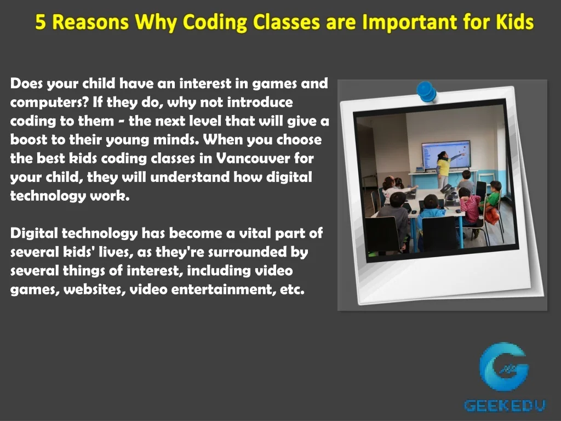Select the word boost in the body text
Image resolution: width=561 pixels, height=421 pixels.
27,140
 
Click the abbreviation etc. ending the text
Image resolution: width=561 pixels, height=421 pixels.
292,290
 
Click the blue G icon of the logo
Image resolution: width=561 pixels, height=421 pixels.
503,367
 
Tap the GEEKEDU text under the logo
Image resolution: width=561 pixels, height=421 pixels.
505,405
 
